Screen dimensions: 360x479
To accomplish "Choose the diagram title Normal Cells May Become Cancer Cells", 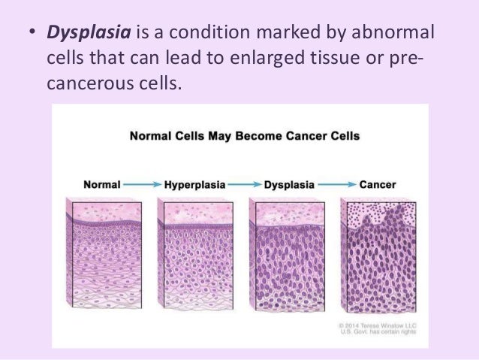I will tap(234, 137).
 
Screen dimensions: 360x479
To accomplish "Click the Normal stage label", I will tap(102, 183).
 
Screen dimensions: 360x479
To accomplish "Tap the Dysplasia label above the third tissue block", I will tap(285, 183).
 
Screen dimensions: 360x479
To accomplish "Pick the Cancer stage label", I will tap(377, 183).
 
